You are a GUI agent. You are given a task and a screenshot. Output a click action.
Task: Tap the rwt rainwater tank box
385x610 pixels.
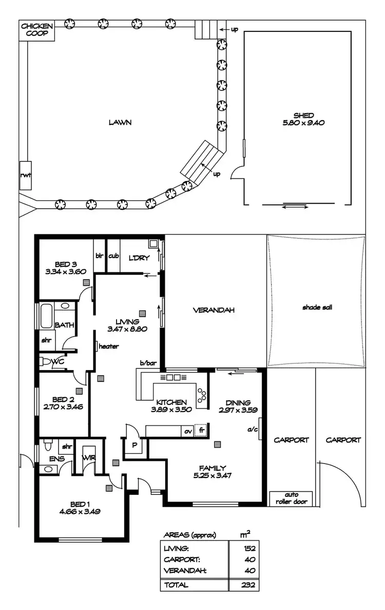[x=26, y=175]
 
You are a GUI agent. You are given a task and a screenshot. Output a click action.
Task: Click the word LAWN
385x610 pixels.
[x=120, y=122]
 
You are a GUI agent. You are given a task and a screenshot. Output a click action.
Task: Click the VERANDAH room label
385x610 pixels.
[x=214, y=310]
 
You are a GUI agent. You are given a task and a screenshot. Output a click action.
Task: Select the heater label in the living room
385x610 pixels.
[x=108, y=346]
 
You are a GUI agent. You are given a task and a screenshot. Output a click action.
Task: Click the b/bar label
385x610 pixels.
[x=148, y=363]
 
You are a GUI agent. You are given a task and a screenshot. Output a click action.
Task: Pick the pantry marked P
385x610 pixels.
[x=134, y=445]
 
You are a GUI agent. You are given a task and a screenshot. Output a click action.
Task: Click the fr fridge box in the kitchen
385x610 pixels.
[x=202, y=431]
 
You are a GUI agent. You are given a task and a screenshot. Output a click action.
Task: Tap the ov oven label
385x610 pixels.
[x=188, y=431]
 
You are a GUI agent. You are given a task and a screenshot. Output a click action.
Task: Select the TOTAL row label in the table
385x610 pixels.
[x=176, y=584]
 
